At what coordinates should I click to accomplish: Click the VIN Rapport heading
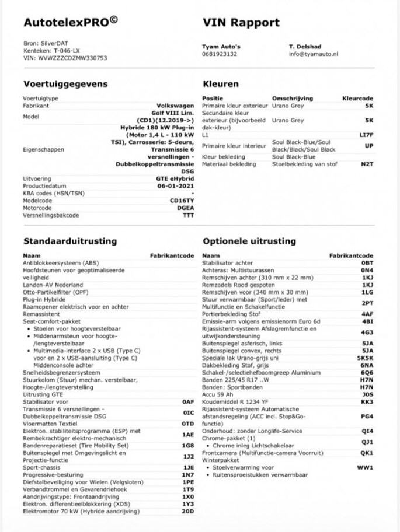[241, 23]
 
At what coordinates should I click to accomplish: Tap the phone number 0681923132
[220, 54]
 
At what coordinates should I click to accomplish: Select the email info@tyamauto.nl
[313, 54]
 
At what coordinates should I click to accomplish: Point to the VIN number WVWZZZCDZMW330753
[64, 58]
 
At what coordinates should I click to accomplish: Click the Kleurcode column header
[357, 99]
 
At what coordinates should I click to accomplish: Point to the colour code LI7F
[366, 135]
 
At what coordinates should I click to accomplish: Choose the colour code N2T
[367, 164]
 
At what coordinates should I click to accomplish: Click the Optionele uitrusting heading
[249, 240]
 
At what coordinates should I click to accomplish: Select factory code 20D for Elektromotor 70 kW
[187, 511]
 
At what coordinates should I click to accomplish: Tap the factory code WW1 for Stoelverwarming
[366, 467]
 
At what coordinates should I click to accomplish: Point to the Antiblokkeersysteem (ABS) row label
[61, 263]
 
